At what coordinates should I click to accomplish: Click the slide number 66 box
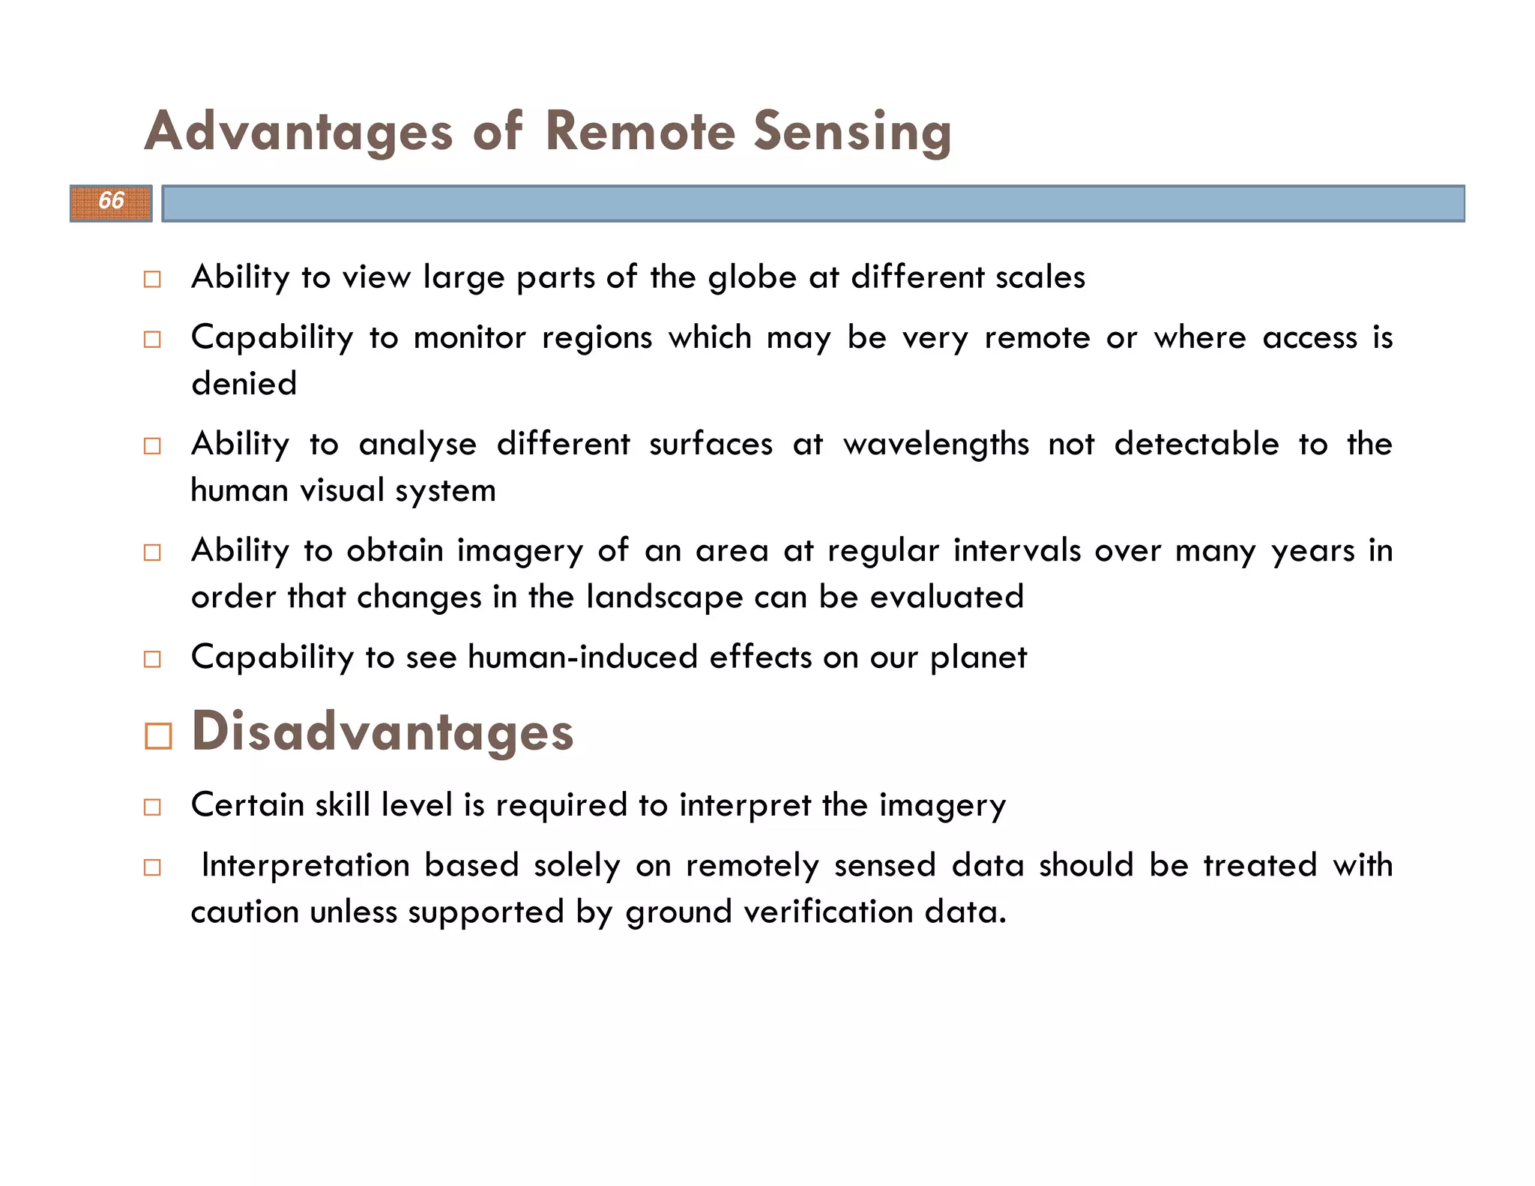click(x=111, y=202)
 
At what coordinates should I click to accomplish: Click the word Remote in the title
click(x=640, y=131)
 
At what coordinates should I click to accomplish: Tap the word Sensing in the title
click(x=852, y=131)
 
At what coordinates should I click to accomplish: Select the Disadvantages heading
click(x=382, y=732)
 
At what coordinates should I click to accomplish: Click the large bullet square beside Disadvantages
click(x=158, y=736)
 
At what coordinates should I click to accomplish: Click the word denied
click(x=244, y=384)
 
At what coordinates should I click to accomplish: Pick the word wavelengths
click(x=936, y=444)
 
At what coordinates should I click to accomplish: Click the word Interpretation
click(x=306, y=865)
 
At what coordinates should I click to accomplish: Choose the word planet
click(x=978, y=657)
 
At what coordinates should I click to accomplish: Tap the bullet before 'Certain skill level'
click(x=152, y=807)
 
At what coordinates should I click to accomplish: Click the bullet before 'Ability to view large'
click(x=152, y=280)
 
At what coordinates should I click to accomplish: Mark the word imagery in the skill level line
click(x=942, y=806)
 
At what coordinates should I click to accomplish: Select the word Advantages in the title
click(x=298, y=131)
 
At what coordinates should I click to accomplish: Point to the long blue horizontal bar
click(x=813, y=203)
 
